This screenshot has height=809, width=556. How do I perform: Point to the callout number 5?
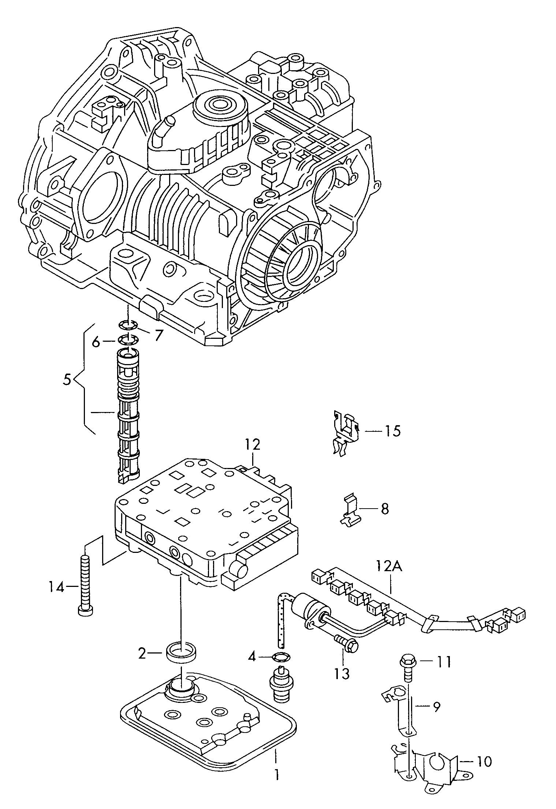(67, 380)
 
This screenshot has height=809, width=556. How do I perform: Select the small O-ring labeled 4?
(280, 658)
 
